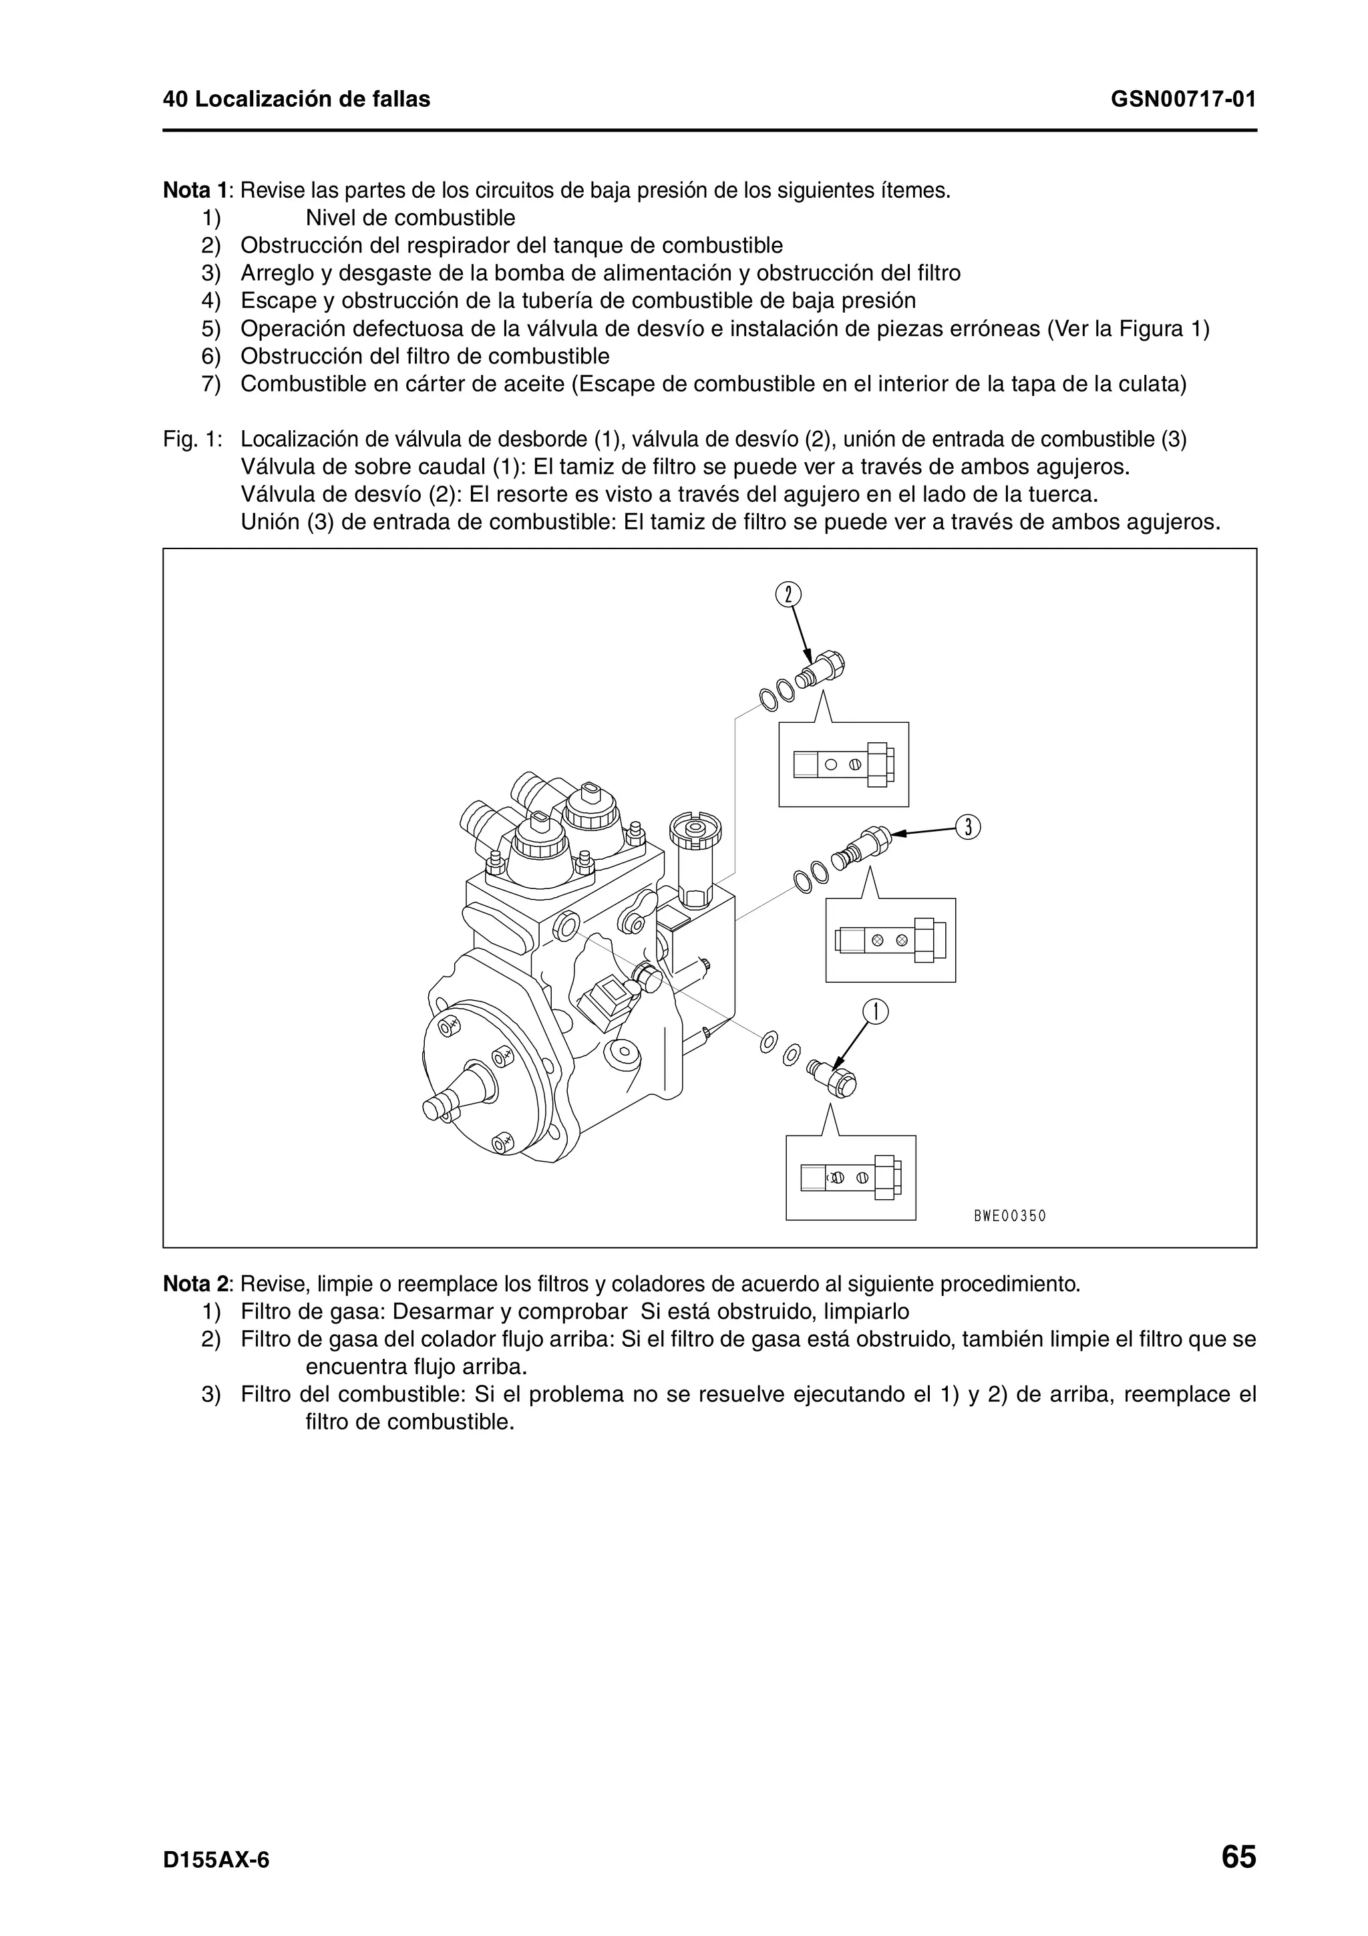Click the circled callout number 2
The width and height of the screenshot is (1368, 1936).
tap(788, 595)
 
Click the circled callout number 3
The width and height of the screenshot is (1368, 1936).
tap(969, 827)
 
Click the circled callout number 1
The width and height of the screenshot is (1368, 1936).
tap(876, 1011)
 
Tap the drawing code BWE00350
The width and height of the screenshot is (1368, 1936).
tap(1009, 1216)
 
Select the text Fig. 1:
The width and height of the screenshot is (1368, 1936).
tap(193, 440)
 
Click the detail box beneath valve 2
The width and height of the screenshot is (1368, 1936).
tap(843, 764)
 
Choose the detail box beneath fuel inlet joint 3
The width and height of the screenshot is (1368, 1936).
tap(890, 939)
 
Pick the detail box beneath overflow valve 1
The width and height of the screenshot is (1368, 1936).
tap(850, 1177)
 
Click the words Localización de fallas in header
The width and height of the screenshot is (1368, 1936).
tap(312, 100)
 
